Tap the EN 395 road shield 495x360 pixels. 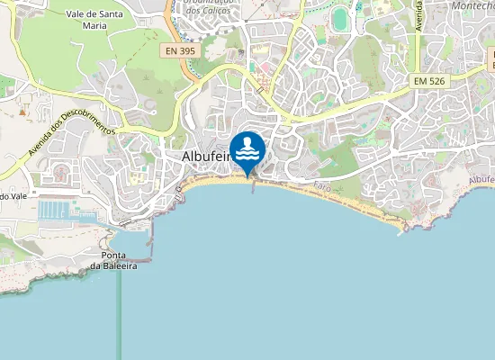[180, 51]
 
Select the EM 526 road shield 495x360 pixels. [430, 81]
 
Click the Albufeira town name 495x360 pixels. [201, 156]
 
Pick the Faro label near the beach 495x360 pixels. [322, 186]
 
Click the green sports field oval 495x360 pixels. [339, 18]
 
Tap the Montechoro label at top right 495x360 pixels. [472, 5]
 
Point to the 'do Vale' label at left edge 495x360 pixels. [11, 195]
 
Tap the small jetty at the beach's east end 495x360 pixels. [400, 231]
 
